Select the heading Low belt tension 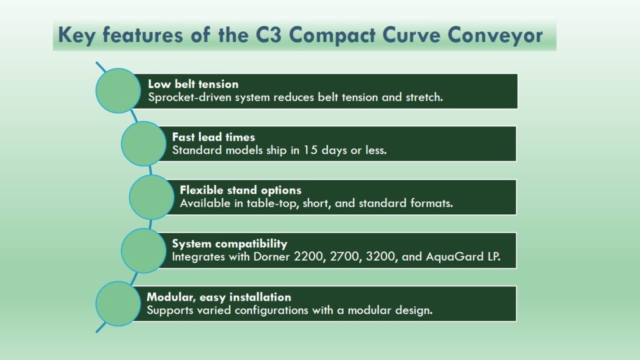tap(193, 84)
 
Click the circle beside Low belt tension tap(118, 91)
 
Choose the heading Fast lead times tap(214, 137)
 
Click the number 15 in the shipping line tap(310, 150)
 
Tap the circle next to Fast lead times tap(144, 144)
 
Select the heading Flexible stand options tap(241, 190)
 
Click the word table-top tap(274, 203)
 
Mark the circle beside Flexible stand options tap(152, 197)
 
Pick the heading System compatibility tap(229, 244)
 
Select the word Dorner tap(272, 257)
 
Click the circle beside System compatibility tap(144, 251)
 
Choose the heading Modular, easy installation tap(219, 297)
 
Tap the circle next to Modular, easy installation tap(118, 304)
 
